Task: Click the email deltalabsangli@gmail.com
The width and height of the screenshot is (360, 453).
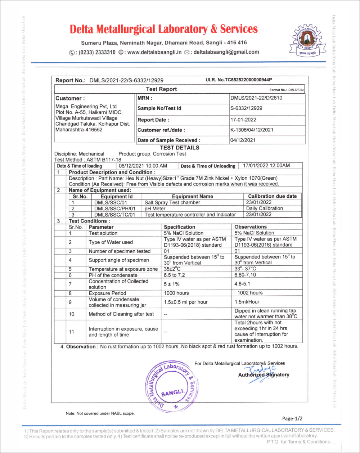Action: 226,52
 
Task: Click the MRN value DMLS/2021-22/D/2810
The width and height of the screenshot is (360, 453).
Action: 256,98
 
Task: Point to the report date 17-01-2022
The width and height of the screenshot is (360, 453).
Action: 243,120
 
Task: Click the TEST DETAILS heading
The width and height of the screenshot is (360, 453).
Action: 179,148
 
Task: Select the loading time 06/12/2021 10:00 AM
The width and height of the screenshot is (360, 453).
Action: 143,166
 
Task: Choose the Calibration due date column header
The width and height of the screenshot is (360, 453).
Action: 272,196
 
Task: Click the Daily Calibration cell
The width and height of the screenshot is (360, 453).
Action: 265,208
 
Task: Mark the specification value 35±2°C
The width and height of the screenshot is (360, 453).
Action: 172,269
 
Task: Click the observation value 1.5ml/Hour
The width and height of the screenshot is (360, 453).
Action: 247,302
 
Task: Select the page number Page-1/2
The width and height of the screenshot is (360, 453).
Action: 293,418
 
